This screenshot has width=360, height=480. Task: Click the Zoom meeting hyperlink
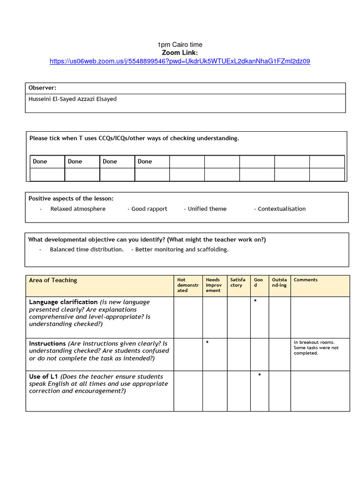click(x=180, y=61)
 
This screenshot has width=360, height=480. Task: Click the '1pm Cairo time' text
click(x=180, y=45)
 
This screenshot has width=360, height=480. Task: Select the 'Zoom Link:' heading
click(x=180, y=52)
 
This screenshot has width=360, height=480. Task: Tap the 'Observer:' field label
click(x=42, y=88)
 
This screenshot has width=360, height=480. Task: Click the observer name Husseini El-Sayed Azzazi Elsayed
click(x=73, y=99)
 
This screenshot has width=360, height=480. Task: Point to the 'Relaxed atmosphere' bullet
click(x=78, y=209)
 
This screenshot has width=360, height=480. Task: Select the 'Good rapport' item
click(x=149, y=209)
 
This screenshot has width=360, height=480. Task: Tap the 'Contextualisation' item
click(x=281, y=209)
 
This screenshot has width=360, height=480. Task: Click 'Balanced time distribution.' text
click(x=87, y=249)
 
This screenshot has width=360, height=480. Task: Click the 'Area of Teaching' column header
click(x=53, y=280)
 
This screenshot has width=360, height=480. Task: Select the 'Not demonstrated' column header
click(x=187, y=285)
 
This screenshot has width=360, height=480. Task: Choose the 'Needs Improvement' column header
click(x=214, y=285)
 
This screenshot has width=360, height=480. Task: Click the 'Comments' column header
click(x=306, y=280)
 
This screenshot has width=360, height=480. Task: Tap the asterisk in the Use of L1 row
click(x=260, y=375)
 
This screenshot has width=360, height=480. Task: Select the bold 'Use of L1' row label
click(x=44, y=376)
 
